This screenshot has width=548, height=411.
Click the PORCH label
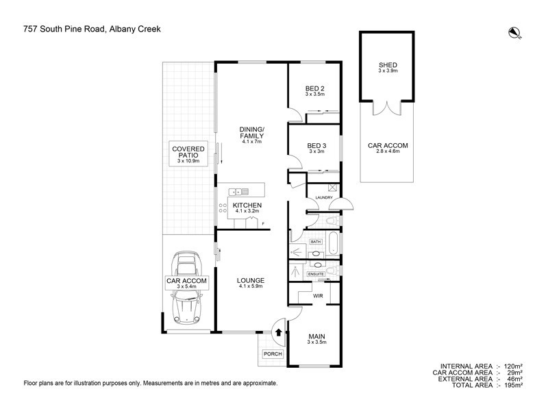273,354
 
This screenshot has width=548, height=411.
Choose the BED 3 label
316,146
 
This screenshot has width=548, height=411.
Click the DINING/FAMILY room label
251,133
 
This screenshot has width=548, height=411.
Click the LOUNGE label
251,280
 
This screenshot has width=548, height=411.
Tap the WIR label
318,296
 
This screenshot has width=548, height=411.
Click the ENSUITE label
315,274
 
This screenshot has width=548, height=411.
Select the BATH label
316,242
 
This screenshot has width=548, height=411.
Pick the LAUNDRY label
324,198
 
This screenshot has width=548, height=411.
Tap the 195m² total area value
514,385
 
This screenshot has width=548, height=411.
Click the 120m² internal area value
514,366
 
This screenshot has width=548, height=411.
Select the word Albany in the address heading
123,29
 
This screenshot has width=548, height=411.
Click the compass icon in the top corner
514,32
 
